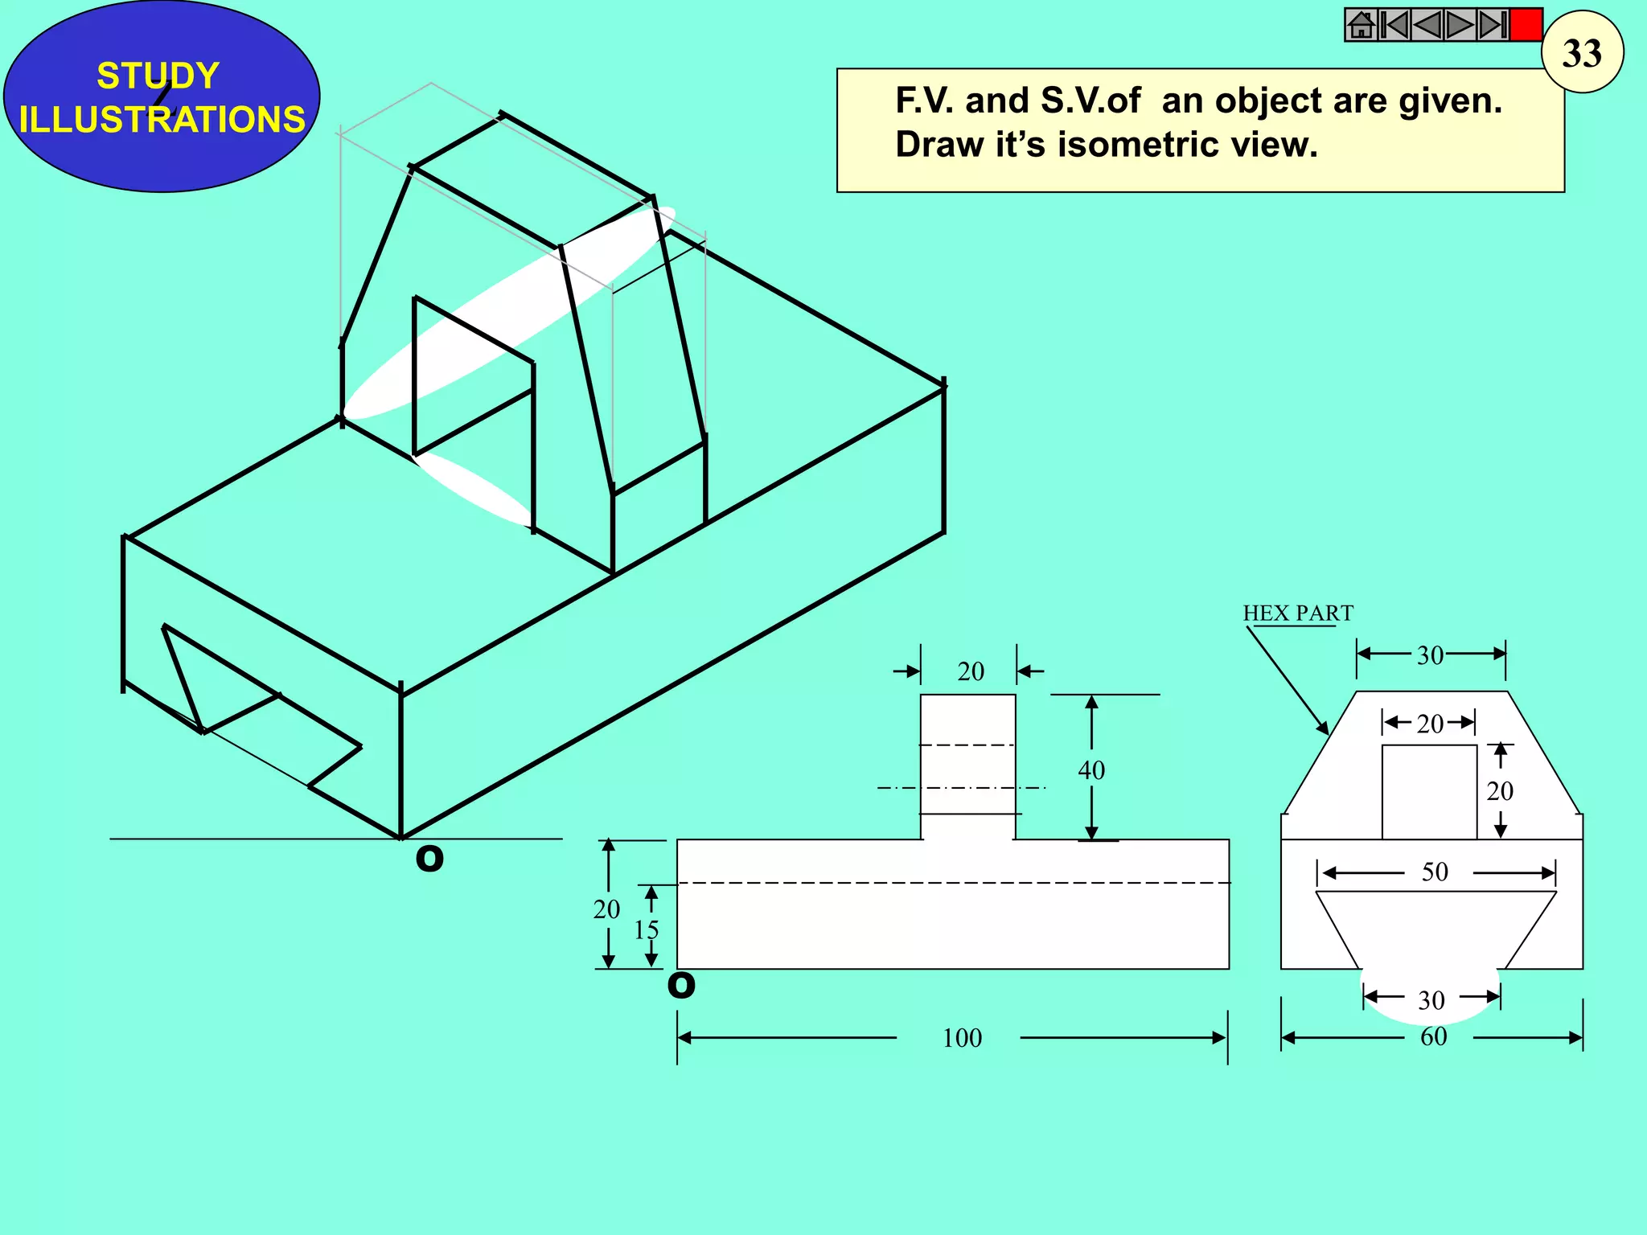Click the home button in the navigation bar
(1361, 25)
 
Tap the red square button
(1526, 25)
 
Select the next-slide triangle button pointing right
(1459, 25)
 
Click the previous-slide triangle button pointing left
(1427, 25)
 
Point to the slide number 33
(1582, 53)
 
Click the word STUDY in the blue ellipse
(158, 76)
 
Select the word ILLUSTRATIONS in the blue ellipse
(162, 119)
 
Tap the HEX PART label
(1297, 613)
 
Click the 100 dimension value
(962, 1038)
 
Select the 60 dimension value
(1433, 1036)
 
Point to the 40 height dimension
(1091, 769)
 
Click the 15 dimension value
(646, 930)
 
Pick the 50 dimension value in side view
(1435, 872)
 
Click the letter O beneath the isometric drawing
(429, 859)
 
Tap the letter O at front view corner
(681, 985)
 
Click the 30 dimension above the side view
(1430, 655)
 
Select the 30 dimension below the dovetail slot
(1431, 1000)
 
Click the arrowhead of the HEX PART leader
(1323, 728)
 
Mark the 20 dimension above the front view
(971, 671)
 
